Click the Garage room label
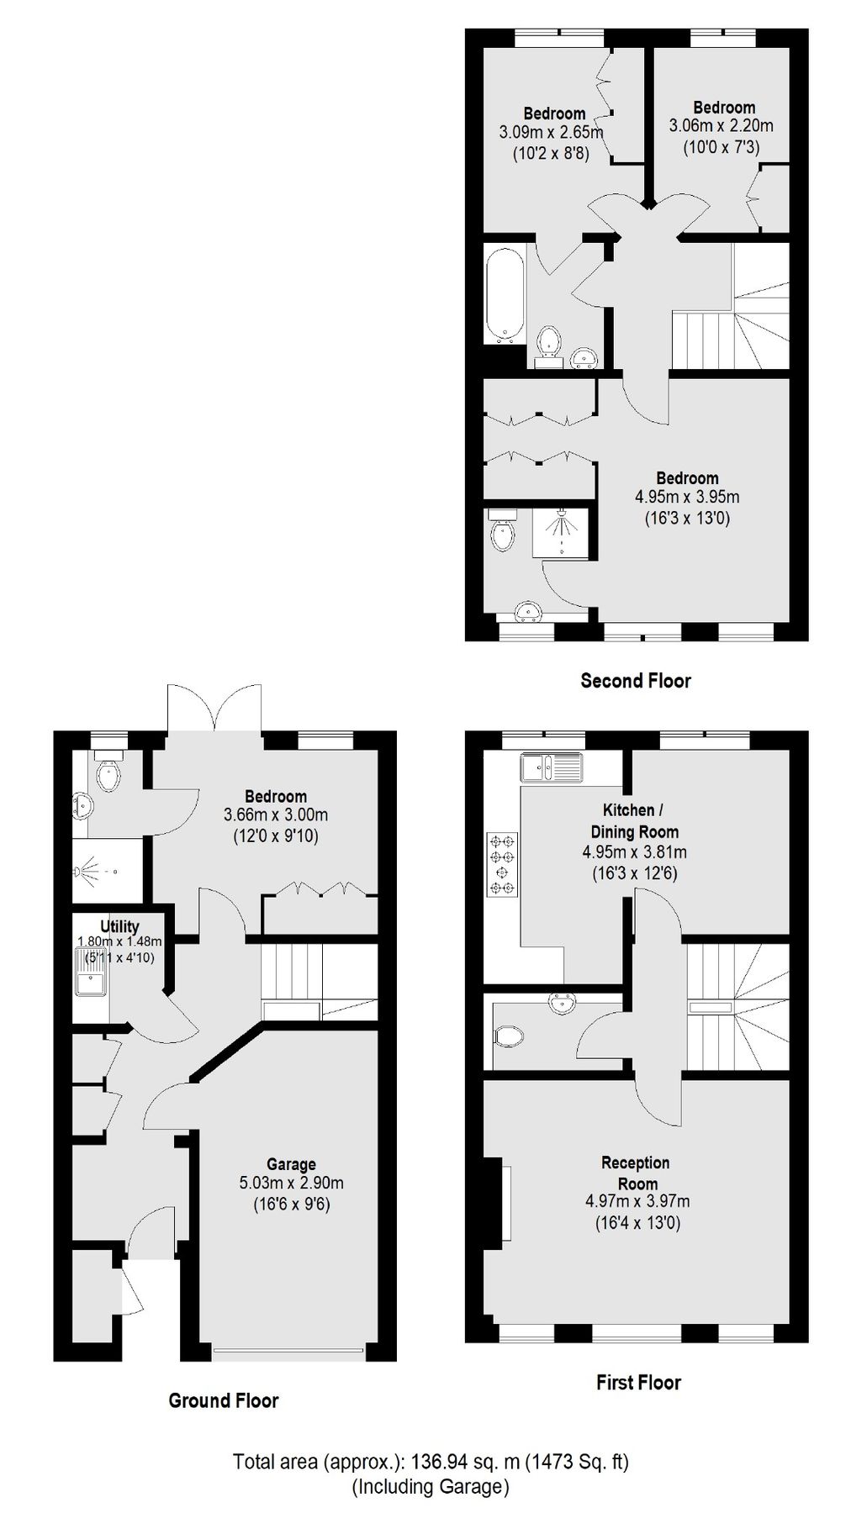pos(291,1164)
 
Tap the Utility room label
pos(119,927)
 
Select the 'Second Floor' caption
pos(635,681)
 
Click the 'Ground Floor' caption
pos(223,1400)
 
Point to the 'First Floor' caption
pos(638,1382)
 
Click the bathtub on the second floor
pos(505,293)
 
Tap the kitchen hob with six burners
pos(503,864)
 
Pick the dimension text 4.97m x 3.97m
pos(637,1202)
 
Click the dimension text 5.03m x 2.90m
pos(291,1184)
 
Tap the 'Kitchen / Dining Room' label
pos(641,821)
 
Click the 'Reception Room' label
pos(636,1173)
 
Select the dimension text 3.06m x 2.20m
pos(721,126)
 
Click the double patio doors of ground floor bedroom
pos(215,708)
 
